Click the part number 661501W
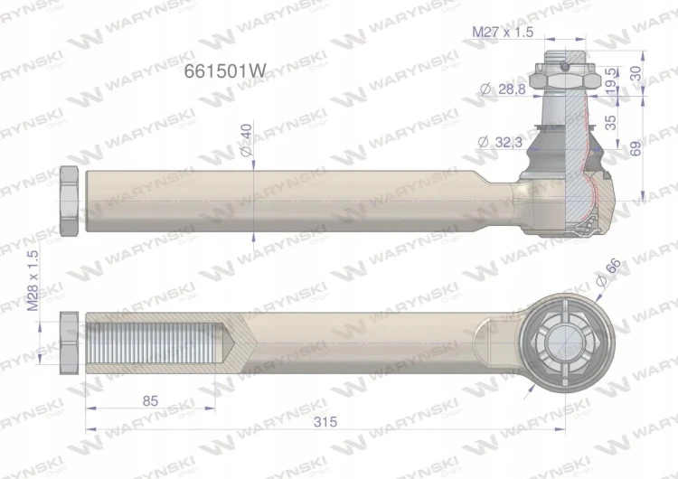click(x=225, y=70)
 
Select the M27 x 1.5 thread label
click(x=503, y=32)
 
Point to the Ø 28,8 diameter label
click(x=503, y=89)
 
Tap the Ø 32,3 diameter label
click(x=500, y=142)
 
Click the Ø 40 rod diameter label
click(x=246, y=140)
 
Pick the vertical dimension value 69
click(x=636, y=149)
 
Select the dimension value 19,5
click(x=610, y=81)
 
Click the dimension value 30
click(x=636, y=73)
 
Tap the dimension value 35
click(x=610, y=122)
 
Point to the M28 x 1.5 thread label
click(x=33, y=281)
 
